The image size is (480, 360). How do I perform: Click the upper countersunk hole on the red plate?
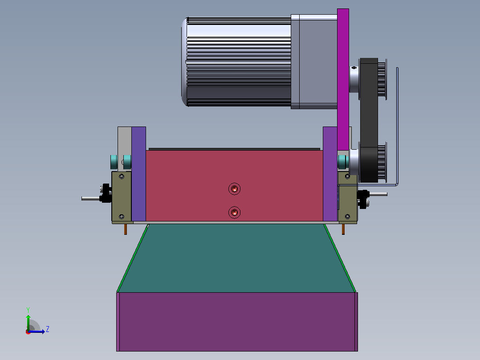[x=235, y=189]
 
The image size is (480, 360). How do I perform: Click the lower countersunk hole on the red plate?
[x=235, y=213]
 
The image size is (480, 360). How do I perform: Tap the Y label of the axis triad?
[x=28, y=310]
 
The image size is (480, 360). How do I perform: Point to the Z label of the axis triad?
[x=48, y=329]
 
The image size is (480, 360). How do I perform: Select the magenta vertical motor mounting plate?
[x=343, y=79]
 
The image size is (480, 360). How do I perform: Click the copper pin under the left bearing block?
[x=126, y=229]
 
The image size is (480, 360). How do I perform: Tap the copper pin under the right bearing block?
[x=343, y=229]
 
